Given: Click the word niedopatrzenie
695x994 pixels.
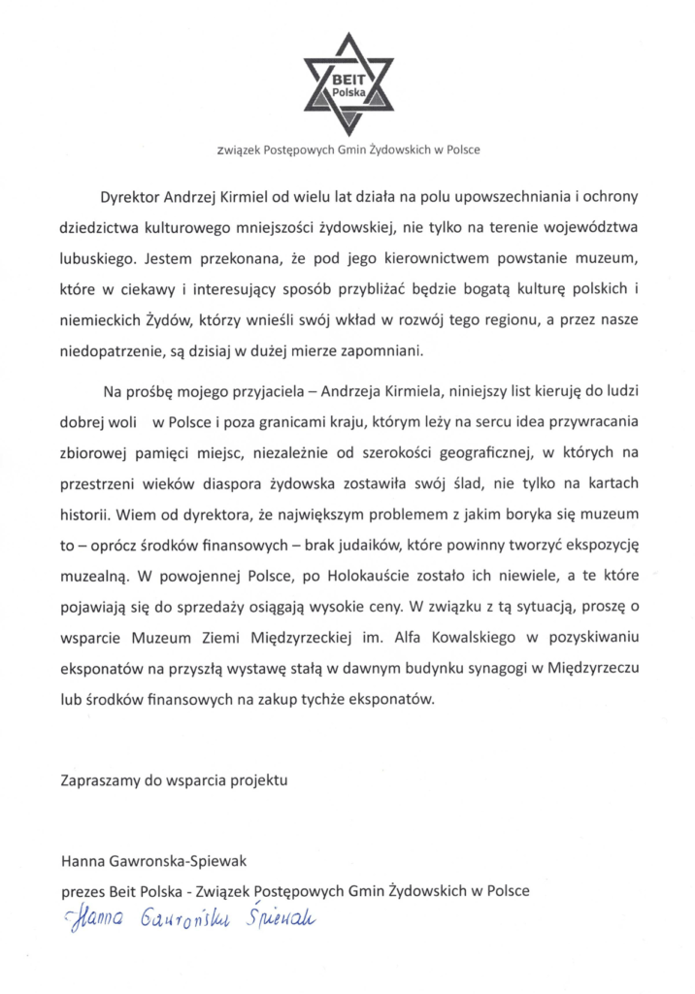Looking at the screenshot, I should tap(108, 352).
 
